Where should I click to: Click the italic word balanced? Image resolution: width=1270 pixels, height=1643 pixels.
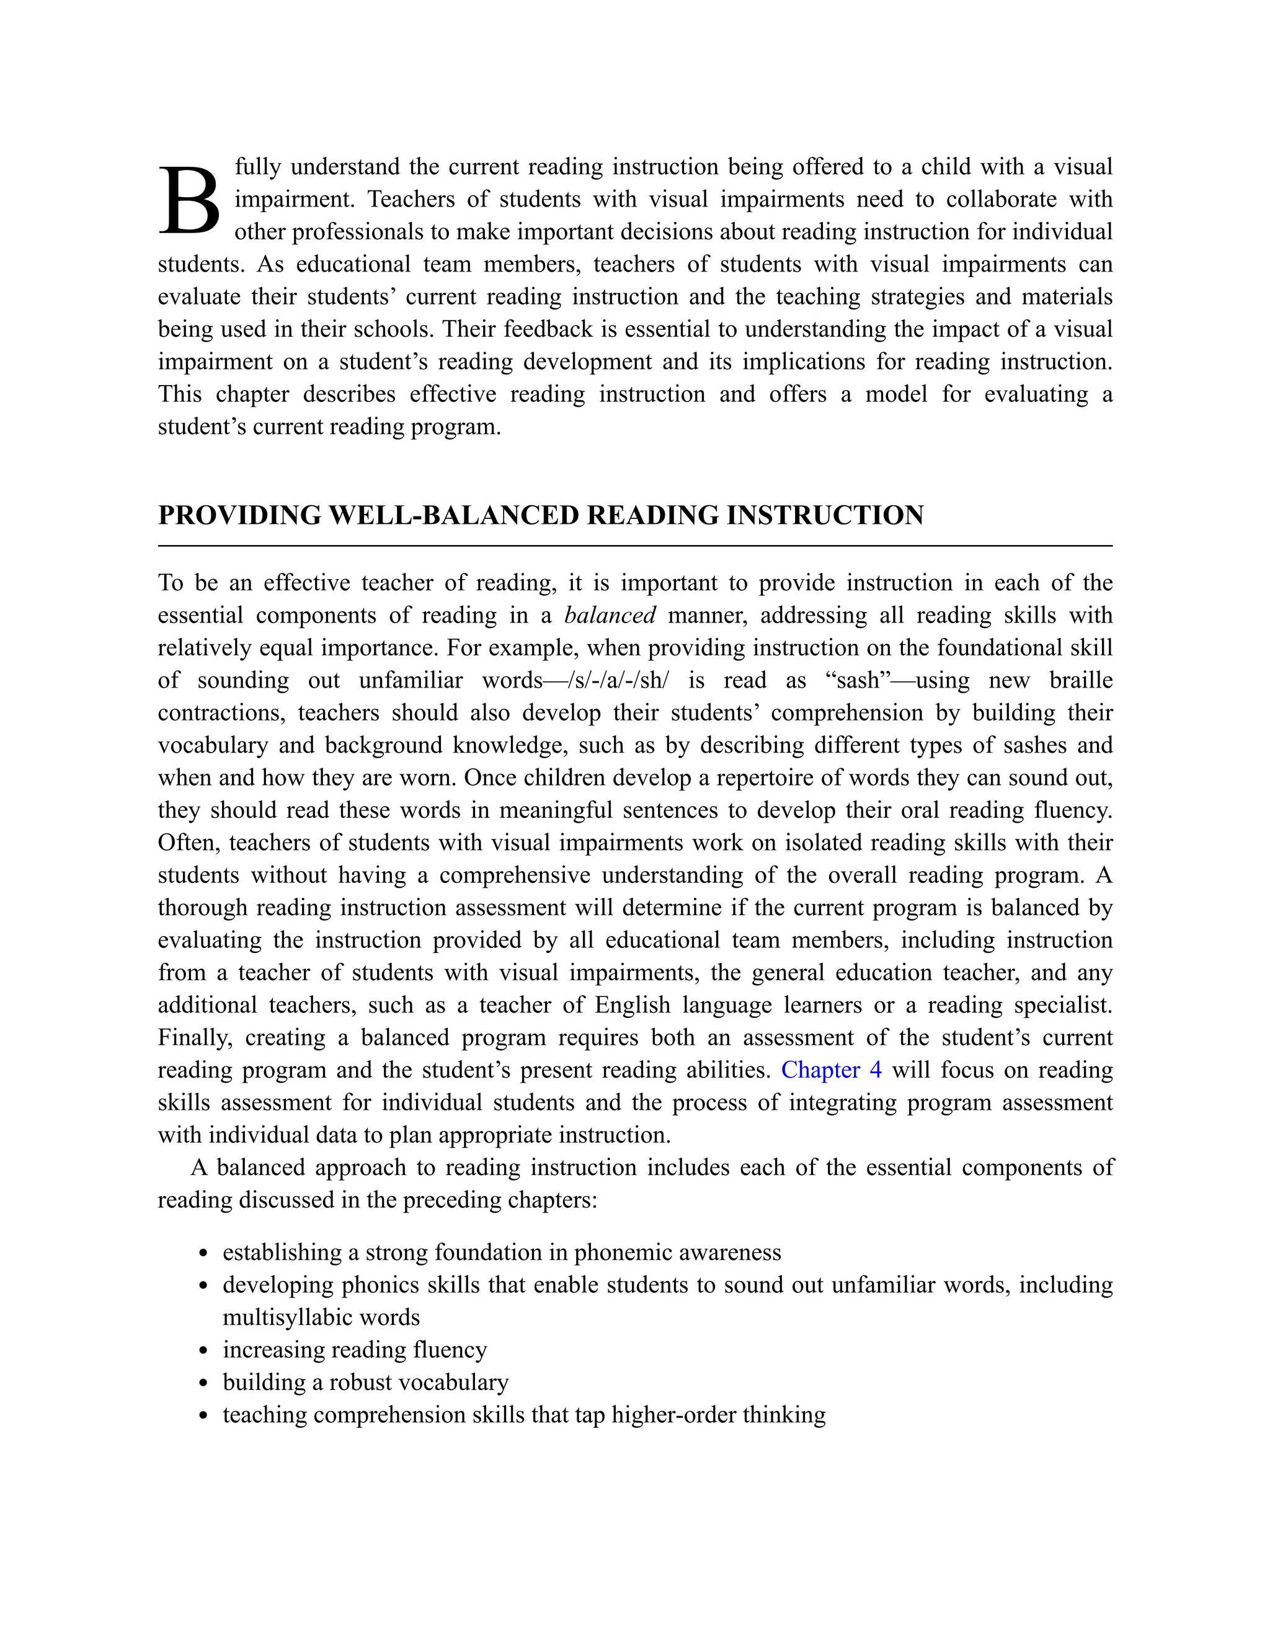(x=610, y=616)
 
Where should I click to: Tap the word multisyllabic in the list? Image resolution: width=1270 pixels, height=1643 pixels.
(x=280, y=1317)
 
